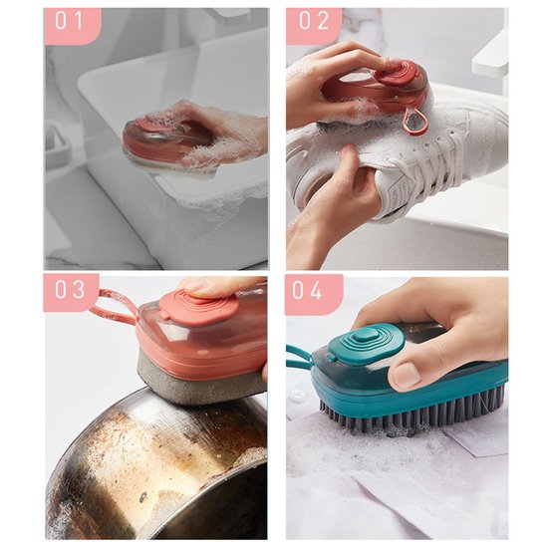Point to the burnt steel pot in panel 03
pos(149,468)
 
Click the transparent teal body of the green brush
pos(438,374)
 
